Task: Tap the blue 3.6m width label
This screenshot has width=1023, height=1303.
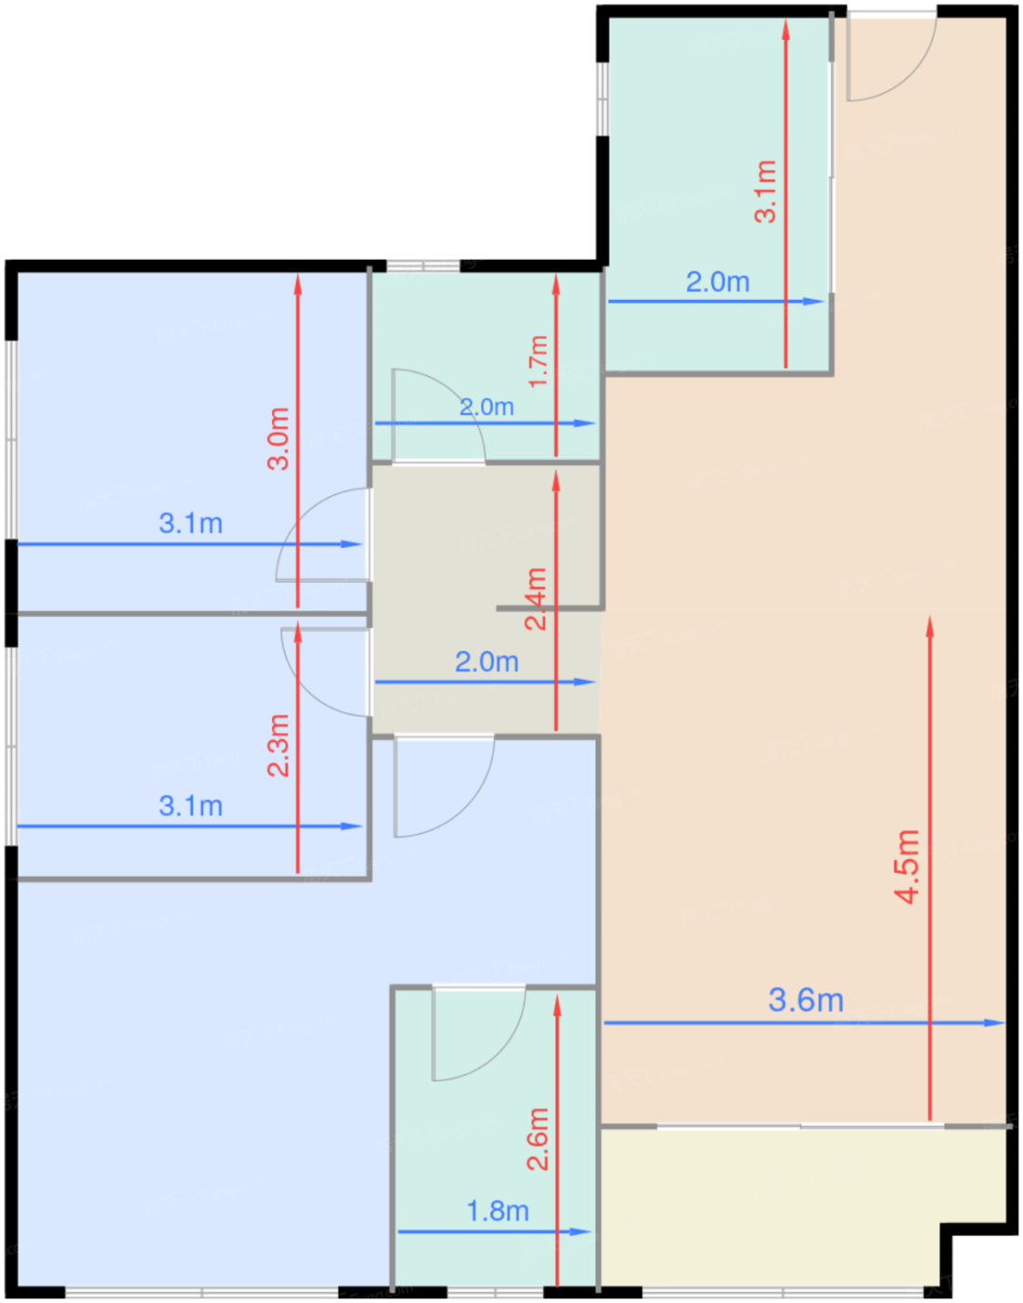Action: pyautogui.click(x=806, y=1001)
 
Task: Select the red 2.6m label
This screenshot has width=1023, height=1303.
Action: pyautogui.click(x=538, y=1138)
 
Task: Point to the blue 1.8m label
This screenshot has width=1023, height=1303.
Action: pyautogui.click(x=498, y=1211)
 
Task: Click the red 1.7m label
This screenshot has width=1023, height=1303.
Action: pyautogui.click(x=538, y=362)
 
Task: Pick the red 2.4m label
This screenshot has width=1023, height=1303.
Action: pyautogui.click(x=536, y=598)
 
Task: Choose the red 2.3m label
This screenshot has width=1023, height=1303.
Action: pyautogui.click(x=278, y=745)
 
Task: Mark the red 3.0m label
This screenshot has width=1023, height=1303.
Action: pyautogui.click(x=278, y=438)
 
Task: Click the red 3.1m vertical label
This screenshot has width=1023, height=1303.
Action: pyautogui.click(x=765, y=191)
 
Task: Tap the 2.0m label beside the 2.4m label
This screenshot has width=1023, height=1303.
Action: pyautogui.click(x=487, y=662)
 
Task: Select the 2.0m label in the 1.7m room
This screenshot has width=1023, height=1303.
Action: pyautogui.click(x=487, y=407)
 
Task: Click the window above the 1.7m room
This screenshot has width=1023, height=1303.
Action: pyautogui.click(x=424, y=266)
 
